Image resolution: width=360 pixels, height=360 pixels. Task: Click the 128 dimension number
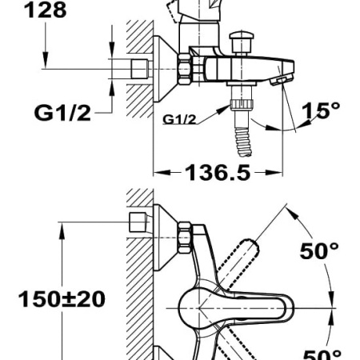point(46,10)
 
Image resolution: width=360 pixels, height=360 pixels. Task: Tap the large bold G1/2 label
point(62,113)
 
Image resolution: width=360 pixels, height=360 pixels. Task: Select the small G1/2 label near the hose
point(179,119)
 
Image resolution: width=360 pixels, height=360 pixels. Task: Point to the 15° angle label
point(321,110)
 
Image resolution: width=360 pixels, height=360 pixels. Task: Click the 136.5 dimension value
point(218,173)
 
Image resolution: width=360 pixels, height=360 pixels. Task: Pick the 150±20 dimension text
point(62,299)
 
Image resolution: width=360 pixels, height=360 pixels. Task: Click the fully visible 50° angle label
point(319,251)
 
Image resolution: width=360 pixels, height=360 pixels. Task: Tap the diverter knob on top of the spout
point(242,42)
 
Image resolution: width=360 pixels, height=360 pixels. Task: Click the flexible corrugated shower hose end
point(243,142)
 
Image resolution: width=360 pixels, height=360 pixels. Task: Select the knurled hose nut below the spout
point(242,104)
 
